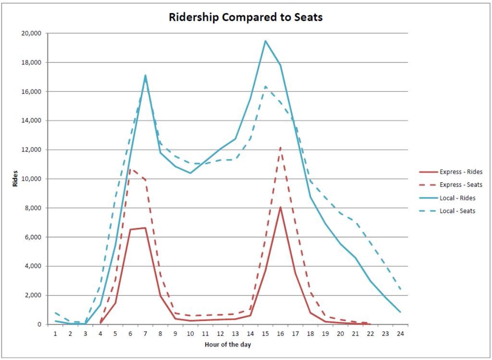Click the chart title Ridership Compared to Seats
(x=246, y=17)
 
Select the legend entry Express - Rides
(x=460, y=172)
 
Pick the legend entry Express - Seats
(x=460, y=185)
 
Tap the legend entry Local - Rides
(x=457, y=198)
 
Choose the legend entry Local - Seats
(x=457, y=211)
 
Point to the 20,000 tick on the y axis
(x=32, y=34)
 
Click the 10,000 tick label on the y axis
(x=32, y=179)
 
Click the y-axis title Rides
(x=15, y=179)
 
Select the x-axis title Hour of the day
(x=227, y=345)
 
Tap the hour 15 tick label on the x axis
(x=265, y=333)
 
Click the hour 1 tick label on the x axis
(x=55, y=333)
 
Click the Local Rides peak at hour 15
(x=265, y=41)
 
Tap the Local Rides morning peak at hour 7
(x=145, y=75)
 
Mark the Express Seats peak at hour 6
(x=130, y=169)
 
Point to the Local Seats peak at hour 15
(x=265, y=87)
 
